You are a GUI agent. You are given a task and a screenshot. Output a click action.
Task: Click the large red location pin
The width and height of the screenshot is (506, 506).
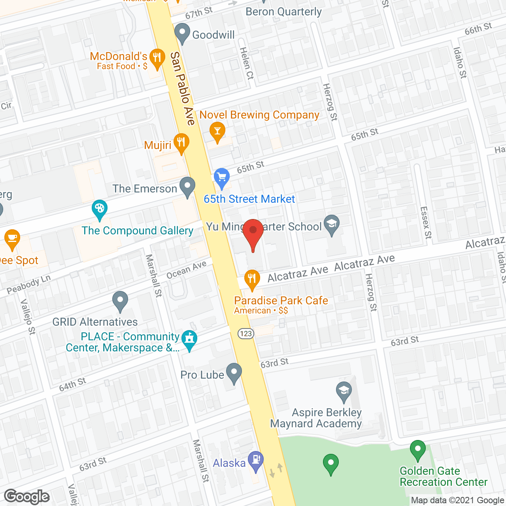click(x=253, y=233)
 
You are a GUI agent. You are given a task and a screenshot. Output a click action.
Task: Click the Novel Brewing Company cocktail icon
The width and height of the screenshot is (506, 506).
click(x=217, y=132)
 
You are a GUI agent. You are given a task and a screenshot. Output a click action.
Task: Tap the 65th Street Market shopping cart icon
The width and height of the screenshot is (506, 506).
click(x=222, y=177)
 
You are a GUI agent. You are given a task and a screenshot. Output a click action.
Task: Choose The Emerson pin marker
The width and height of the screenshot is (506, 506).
click(x=187, y=187)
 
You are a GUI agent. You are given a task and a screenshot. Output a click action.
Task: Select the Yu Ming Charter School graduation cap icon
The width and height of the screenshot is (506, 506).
click(x=332, y=225)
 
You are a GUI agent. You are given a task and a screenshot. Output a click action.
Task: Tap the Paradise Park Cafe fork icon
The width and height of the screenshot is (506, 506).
click(x=252, y=279)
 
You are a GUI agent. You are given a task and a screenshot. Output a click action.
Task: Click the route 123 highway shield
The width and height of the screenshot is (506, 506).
click(x=246, y=334)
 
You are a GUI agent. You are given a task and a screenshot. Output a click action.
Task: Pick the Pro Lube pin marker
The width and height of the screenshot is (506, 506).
click(x=234, y=373)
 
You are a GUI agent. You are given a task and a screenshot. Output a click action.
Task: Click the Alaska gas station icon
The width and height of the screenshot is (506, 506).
click(x=256, y=461)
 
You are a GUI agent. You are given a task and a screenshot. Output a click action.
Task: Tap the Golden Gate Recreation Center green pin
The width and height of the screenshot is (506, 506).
click(x=417, y=450)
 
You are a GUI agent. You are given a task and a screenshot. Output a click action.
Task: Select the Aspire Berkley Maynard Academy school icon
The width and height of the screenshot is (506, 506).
click(x=344, y=391)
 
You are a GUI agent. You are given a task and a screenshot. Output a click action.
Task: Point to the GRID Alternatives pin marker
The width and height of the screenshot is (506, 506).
click(x=120, y=301)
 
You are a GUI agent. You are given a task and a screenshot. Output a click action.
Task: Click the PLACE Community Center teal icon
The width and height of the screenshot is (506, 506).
click(x=190, y=340)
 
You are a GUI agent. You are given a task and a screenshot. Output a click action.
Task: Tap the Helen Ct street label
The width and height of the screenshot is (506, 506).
click(x=246, y=63)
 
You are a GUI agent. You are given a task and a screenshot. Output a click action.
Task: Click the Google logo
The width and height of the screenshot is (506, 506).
click(x=27, y=497)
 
